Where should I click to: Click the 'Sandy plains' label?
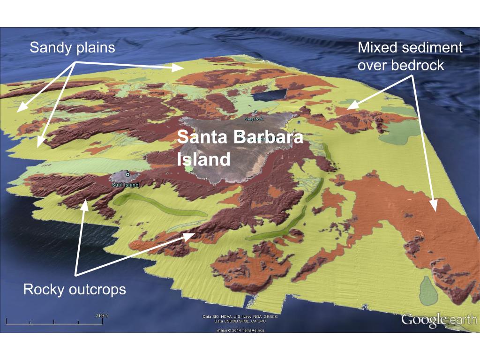click(72, 48)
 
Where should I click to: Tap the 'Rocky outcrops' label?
click(75, 289)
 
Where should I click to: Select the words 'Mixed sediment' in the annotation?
click(410, 48)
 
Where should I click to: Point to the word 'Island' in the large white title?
click(203, 159)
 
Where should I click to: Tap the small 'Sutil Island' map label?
click(126, 185)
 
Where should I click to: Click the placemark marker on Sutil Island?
click(127, 174)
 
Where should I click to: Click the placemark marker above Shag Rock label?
click(255, 112)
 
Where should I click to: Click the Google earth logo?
click(439, 320)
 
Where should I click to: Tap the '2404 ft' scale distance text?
click(101, 315)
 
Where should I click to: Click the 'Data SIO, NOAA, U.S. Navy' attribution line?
click(240, 317)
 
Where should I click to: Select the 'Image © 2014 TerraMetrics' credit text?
click(240, 330)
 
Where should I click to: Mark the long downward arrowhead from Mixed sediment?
click(434, 207)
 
